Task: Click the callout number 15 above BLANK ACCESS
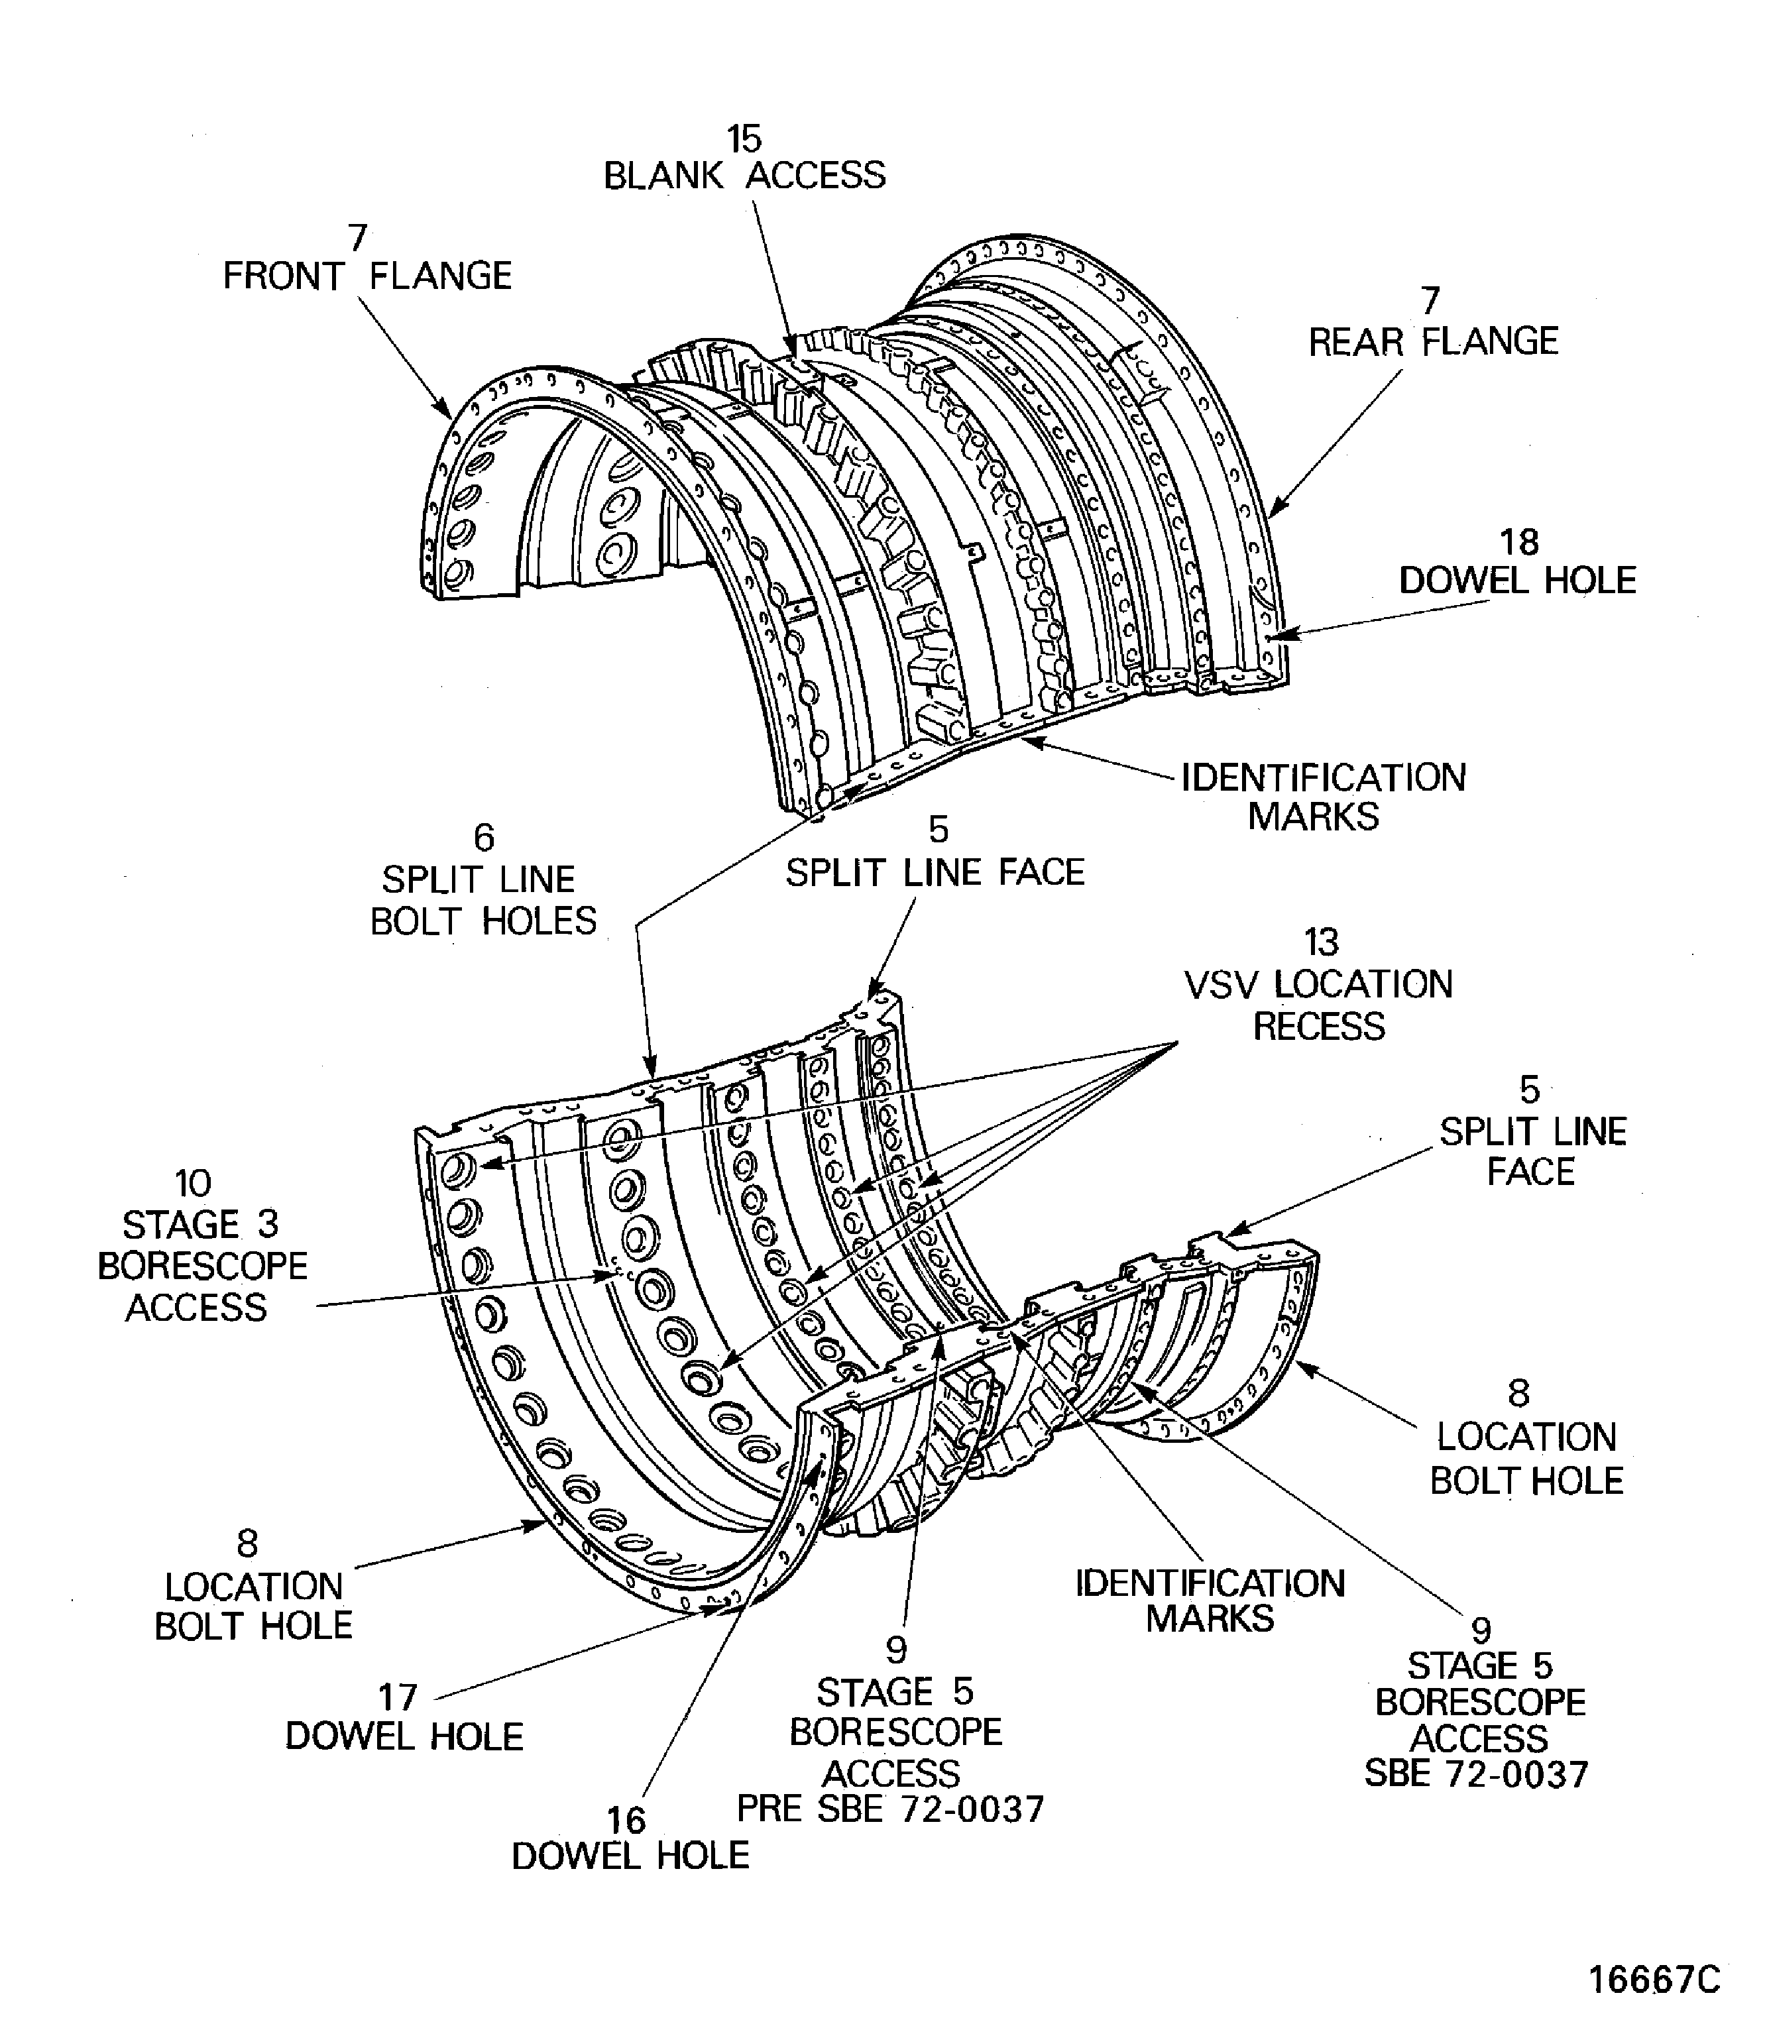(744, 139)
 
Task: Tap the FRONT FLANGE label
(367, 276)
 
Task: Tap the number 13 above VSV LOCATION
(1321, 942)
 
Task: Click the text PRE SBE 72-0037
(890, 1809)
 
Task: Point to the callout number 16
(626, 1820)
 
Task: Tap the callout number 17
(398, 1697)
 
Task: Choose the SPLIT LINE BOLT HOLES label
(483, 900)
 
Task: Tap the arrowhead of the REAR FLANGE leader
(1271, 515)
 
